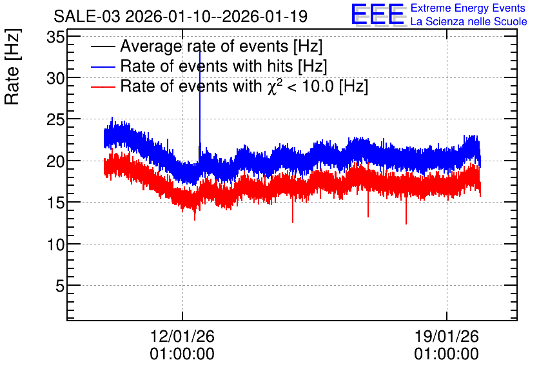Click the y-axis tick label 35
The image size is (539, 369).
click(55, 37)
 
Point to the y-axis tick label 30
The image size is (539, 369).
click(55, 79)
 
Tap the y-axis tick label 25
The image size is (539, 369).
click(55, 120)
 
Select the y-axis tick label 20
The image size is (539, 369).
click(55, 161)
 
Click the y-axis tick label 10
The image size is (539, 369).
click(55, 244)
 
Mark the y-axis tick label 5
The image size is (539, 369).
click(60, 286)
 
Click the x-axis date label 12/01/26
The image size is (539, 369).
click(182, 336)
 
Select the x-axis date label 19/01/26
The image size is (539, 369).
click(447, 336)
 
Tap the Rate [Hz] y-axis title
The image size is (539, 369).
click(12, 66)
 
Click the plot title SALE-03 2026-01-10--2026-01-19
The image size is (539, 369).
click(181, 16)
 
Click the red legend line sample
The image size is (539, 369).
click(103, 87)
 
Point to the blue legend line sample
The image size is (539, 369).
click(103, 67)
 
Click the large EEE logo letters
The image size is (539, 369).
click(378, 14)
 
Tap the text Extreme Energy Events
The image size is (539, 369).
click(468, 8)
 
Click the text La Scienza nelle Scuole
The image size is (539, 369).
click(469, 22)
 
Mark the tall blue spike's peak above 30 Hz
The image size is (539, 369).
click(200, 52)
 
